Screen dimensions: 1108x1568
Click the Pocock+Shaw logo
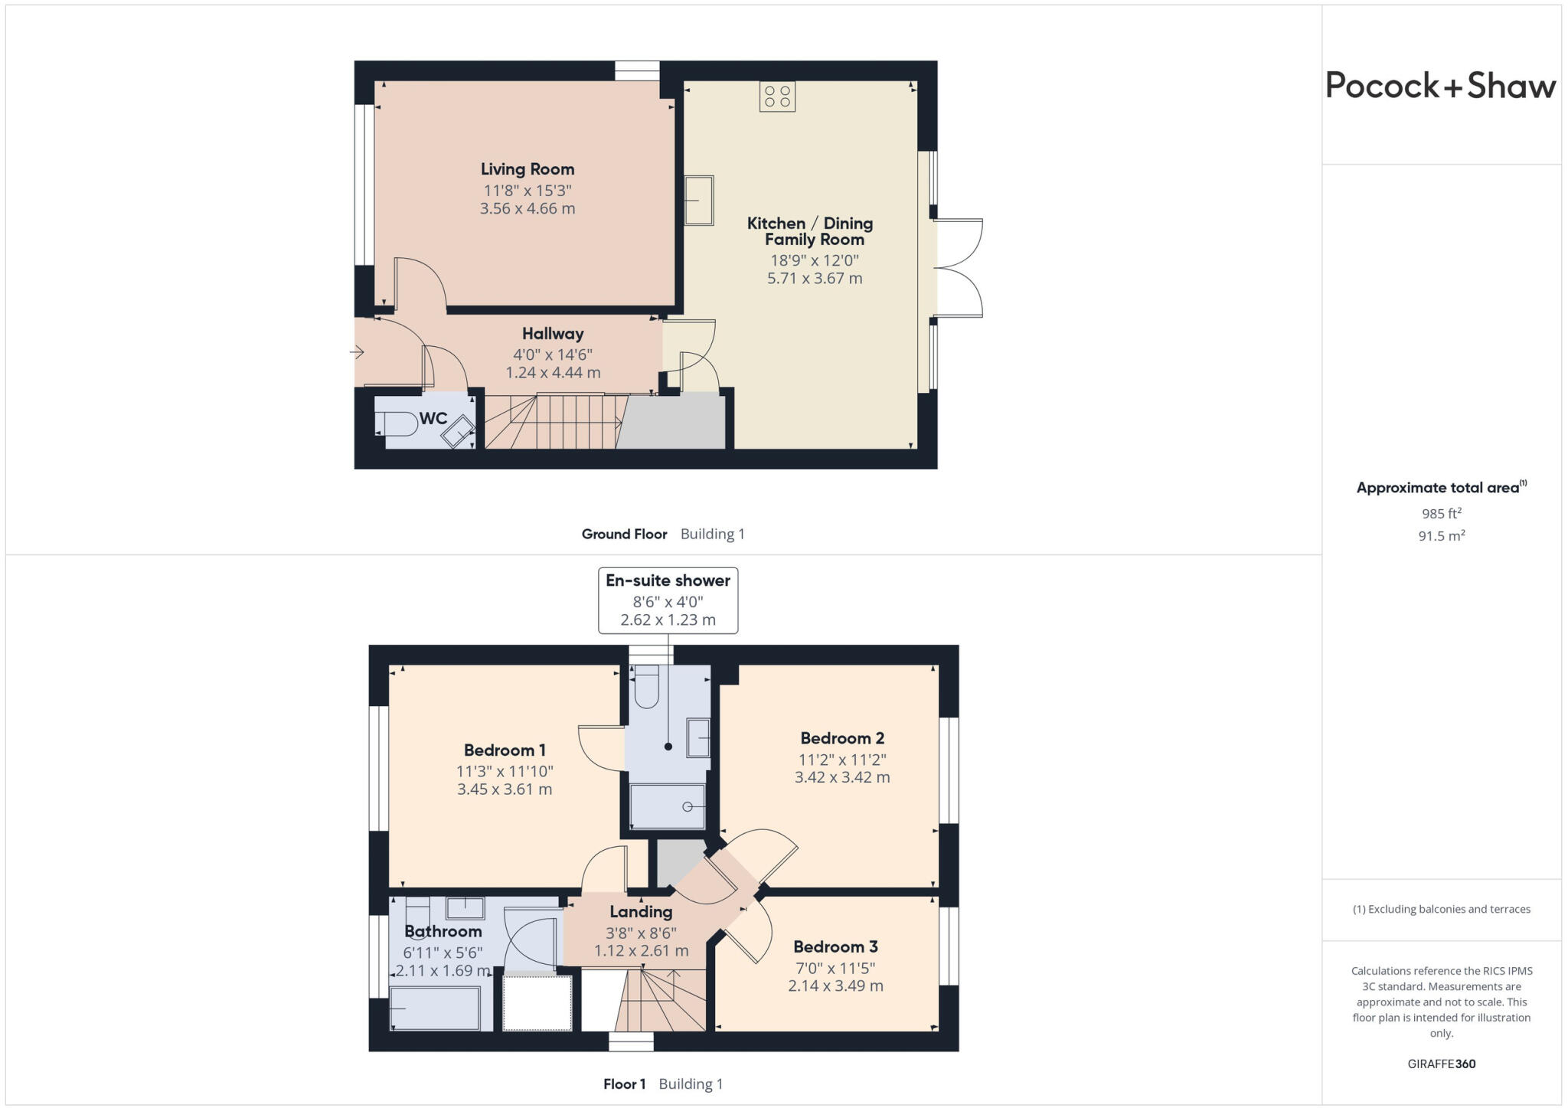(x=1440, y=85)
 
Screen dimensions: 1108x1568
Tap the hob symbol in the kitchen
(x=777, y=96)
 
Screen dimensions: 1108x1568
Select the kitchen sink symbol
(x=698, y=200)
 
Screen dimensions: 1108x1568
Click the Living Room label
(x=528, y=169)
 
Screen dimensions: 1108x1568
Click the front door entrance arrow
(x=357, y=352)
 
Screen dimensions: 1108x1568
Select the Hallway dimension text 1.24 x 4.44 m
(x=553, y=373)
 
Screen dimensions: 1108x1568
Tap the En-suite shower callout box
(x=668, y=600)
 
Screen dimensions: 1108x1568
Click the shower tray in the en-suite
(x=667, y=806)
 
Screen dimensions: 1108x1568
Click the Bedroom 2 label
(x=842, y=738)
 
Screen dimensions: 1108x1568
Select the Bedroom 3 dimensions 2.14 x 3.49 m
(x=835, y=985)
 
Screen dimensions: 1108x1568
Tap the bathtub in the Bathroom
(x=435, y=1008)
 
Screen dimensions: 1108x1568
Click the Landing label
(x=641, y=912)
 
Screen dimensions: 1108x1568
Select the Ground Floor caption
(x=624, y=534)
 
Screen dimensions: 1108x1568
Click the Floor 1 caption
(x=624, y=1084)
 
